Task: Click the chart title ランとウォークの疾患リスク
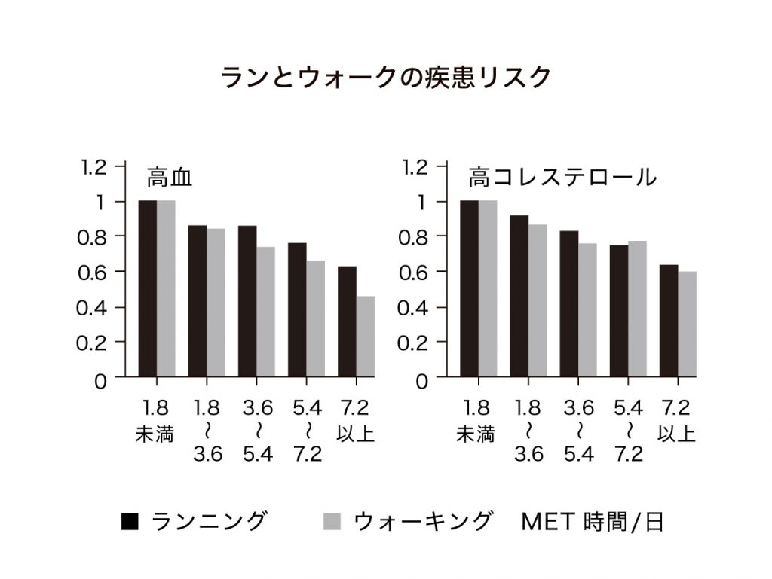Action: (x=385, y=78)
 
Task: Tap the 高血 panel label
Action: (x=170, y=178)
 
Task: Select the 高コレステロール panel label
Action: (x=562, y=178)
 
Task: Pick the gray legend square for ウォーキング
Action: (x=332, y=521)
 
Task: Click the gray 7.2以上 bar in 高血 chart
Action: (x=366, y=336)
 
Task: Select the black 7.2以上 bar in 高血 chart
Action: (x=347, y=321)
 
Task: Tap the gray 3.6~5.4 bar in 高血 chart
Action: (x=265, y=312)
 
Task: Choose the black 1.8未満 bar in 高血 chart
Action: (x=147, y=288)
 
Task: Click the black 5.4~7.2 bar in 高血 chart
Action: (x=297, y=309)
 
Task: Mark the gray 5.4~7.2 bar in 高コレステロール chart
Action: (x=637, y=309)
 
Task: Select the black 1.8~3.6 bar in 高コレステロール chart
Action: (x=519, y=296)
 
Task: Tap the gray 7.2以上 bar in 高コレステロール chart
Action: (x=687, y=324)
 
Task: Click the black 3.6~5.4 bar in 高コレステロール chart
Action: (x=568, y=303)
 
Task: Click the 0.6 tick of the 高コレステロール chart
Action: (x=412, y=272)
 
